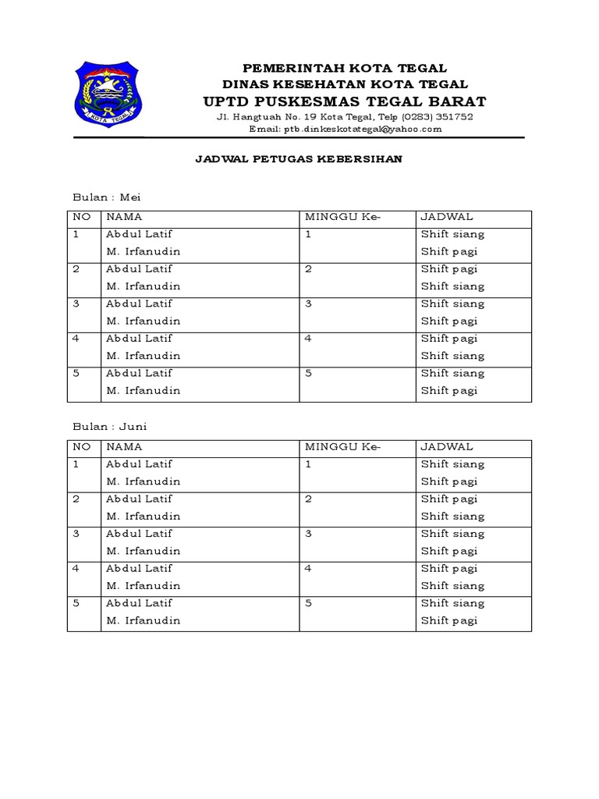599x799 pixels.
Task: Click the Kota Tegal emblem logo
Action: point(108,95)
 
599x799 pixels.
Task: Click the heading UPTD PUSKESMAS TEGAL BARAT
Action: point(345,101)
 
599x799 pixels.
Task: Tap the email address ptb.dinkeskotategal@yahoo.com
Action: point(345,130)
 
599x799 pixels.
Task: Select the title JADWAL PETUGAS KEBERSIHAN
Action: point(299,159)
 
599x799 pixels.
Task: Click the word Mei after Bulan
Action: point(129,197)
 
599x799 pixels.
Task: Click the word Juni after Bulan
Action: point(133,427)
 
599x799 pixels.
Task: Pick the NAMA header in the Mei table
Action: point(124,217)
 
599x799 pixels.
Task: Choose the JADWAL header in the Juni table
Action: point(447,447)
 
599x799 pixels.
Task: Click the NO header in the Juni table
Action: point(81,447)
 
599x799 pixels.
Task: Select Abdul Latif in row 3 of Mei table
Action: point(139,304)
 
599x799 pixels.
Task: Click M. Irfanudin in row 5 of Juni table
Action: point(143,620)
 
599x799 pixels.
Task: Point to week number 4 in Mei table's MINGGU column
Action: point(309,339)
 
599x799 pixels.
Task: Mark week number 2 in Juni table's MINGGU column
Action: point(309,499)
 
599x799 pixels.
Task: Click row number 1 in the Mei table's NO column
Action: point(76,234)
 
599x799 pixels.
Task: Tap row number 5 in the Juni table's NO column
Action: point(76,603)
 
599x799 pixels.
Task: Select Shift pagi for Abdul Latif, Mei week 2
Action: point(449,269)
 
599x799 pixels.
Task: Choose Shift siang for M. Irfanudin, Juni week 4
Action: point(452,586)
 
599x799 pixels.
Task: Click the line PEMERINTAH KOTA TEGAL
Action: point(345,69)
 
